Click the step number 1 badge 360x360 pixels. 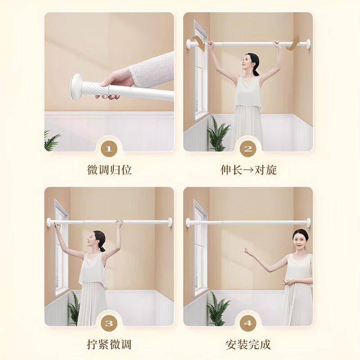[109, 149]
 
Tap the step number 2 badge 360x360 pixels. [248, 149]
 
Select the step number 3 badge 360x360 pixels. [109, 324]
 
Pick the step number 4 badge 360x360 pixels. [248, 324]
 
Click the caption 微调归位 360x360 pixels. [109, 170]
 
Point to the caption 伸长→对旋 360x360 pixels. [248, 170]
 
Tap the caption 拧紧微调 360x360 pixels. [109, 344]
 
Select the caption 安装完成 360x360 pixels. [248, 344]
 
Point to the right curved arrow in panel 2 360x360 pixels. [293, 43]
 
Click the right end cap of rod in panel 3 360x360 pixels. [170, 222]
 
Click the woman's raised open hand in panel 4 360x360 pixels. [249, 252]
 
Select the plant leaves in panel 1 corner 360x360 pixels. [51, 140]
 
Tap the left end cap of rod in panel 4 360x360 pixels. [188, 222]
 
